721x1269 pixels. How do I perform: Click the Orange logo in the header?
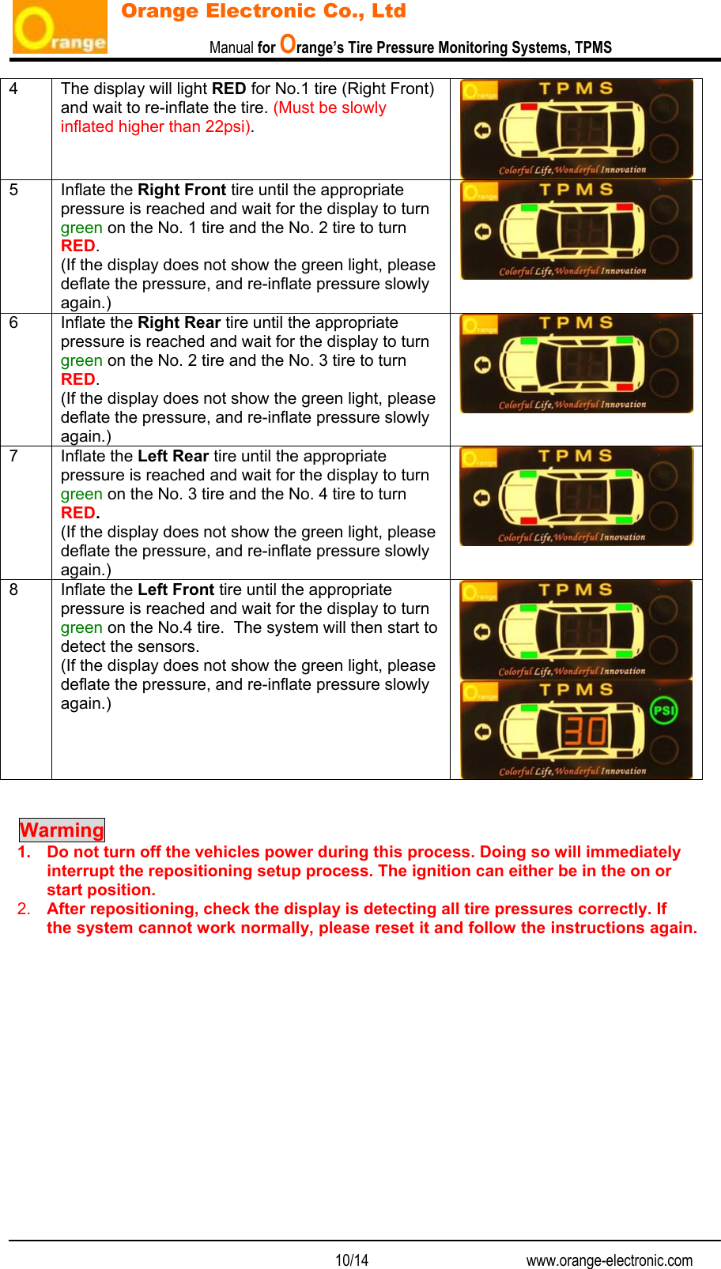pyautogui.click(x=60, y=28)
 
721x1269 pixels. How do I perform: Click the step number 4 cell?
pyautogui.click(x=13, y=89)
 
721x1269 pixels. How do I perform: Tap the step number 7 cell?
pyautogui.click(x=13, y=457)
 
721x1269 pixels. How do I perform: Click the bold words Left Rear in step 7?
pyautogui.click(x=172, y=457)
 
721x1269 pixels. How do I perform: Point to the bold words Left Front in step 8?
pyautogui.click(x=176, y=590)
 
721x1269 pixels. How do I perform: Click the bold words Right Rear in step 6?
pyautogui.click(x=179, y=323)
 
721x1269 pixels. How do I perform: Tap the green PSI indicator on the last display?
pyautogui.click(x=663, y=710)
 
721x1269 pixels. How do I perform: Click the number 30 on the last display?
pyautogui.click(x=585, y=731)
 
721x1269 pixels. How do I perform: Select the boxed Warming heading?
pyautogui.click(x=62, y=830)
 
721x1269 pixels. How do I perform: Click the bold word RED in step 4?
pyautogui.click(x=228, y=89)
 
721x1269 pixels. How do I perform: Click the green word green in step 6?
pyautogui.click(x=81, y=361)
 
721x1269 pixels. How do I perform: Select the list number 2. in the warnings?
pyautogui.click(x=24, y=909)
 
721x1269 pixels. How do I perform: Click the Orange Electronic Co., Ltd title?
pyautogui.click(x=263, y=11)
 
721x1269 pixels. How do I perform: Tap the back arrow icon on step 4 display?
pyautogui.click(x=482, y=130)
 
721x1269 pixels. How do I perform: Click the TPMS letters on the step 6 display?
pyautogui.click(x=576, y=323)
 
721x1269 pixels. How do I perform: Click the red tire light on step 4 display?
pyautogui.click(x=529, y=106)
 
